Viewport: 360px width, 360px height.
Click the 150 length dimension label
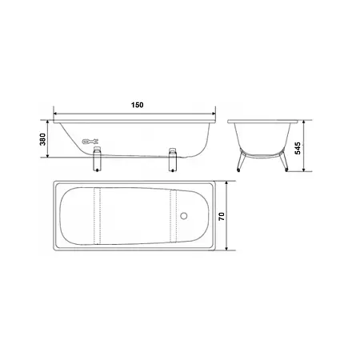[x=137, y=105]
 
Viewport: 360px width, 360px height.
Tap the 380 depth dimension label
[x=42, y=139]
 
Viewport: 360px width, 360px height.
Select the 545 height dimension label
[x=298, y=148]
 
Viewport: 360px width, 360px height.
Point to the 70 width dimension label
[x=222, y=216]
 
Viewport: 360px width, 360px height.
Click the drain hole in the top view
[x=183, y=216]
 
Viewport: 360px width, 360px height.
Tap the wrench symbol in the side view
[x=90, y=142]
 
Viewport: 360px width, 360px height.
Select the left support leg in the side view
[x=97, y=159]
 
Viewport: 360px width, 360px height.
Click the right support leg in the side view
[x=173, y=159]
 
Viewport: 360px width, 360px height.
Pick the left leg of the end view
[x=242, y=161]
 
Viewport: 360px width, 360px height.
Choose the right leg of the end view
[x=283, y=161]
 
